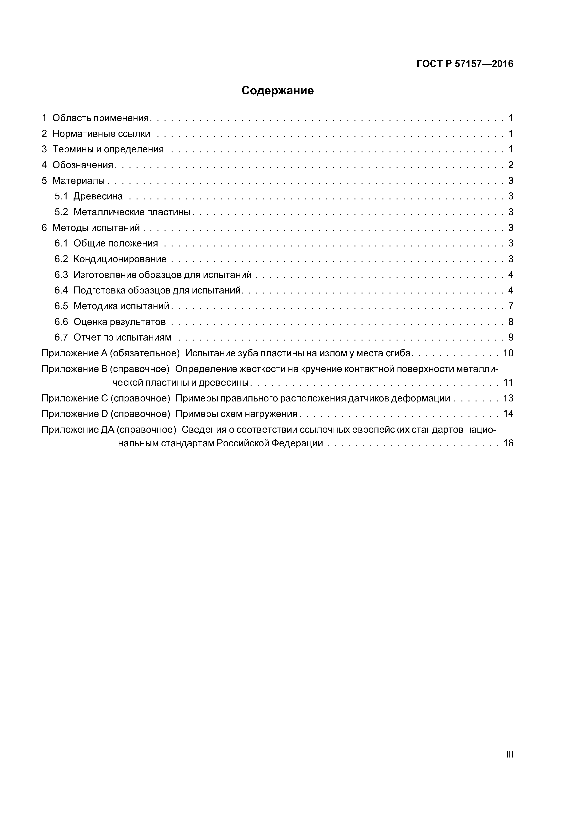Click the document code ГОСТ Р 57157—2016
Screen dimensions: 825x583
click(x=465, y=64)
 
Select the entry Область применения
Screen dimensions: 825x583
click(x=101, y=118)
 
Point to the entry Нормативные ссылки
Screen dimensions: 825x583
click(x=101, y=134)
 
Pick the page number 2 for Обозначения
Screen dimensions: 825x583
click(x=510, y=165)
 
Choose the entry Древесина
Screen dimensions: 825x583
click(x=98, y=196)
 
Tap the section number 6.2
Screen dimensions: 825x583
click(x=61, y=259)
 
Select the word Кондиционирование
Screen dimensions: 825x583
click(x=120, y=259)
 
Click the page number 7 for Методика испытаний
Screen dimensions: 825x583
click(x=510, y=306)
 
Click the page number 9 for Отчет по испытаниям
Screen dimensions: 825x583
click(x=510, y=337)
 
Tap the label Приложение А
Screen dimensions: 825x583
click(x=75, y=353)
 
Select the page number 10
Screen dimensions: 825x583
click(x=508, y=353)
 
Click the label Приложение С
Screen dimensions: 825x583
click(x=75, y=398)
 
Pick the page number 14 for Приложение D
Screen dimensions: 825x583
click(x=508, y=414)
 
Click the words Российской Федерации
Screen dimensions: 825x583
click(x=269, y=443)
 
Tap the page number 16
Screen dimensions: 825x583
click(x=508, y=443)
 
